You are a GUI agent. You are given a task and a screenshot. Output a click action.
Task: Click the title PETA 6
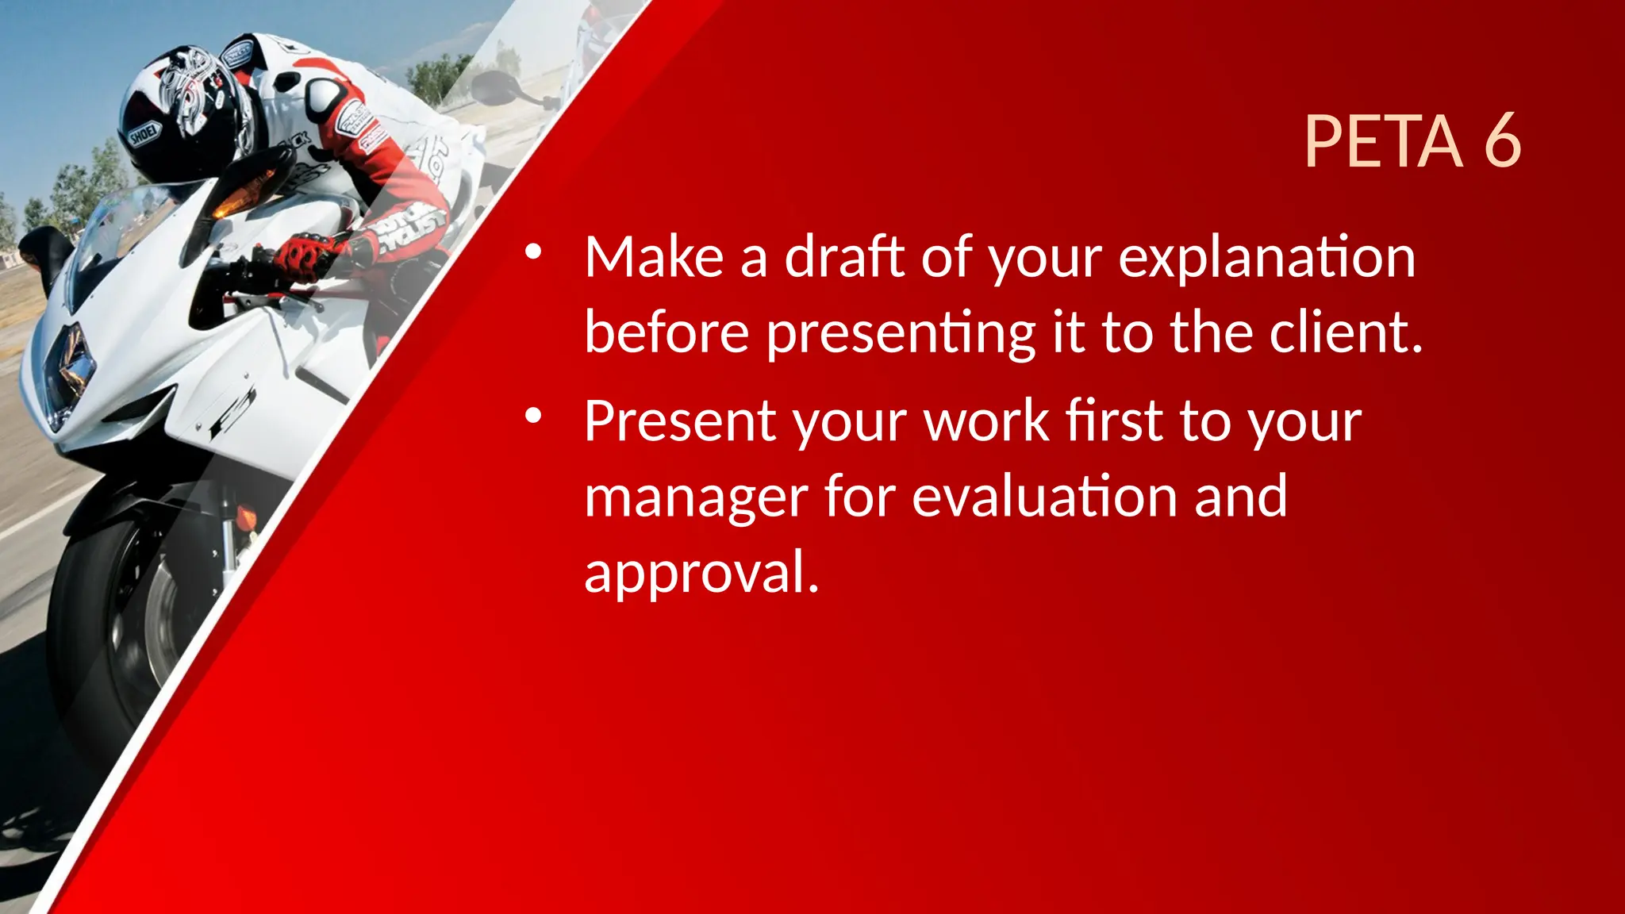click(1412, 141)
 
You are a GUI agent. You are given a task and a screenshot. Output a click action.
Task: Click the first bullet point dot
click(532, 252)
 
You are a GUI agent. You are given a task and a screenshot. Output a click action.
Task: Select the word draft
click(844, 257)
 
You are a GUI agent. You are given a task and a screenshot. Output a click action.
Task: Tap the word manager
click(695, 498)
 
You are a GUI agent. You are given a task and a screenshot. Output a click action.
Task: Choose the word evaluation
click(1044, 497)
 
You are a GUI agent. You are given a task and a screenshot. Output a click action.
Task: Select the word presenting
click(901, 333)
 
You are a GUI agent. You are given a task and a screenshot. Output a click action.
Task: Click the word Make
click(654, 257)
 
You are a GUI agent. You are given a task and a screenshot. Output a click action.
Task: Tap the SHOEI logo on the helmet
click(144, 134)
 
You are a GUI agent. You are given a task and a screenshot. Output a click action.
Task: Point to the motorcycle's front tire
click(119, 635)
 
